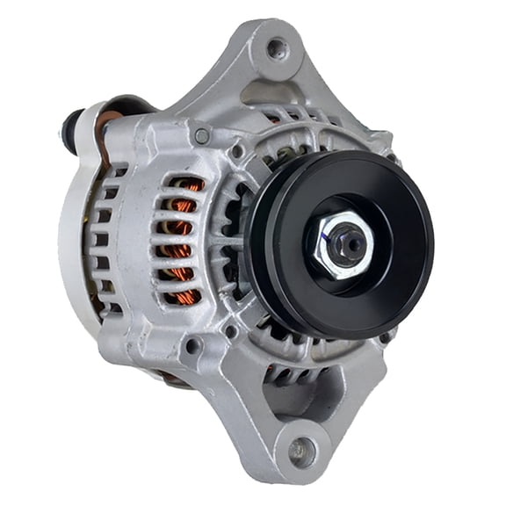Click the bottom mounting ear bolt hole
(x=300, y=450)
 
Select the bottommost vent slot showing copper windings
(x=183, y=297)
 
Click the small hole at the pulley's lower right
(x=384, y=336)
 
